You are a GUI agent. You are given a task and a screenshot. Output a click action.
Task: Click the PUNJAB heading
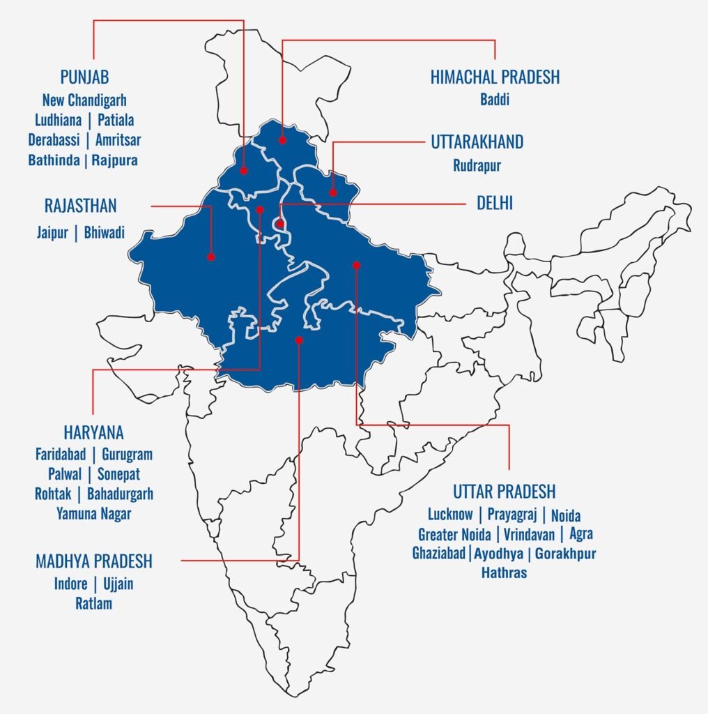[84, 77]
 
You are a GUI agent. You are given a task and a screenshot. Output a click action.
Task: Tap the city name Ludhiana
[58, 120]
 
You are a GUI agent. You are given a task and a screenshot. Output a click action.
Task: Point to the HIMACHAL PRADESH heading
[495, 77]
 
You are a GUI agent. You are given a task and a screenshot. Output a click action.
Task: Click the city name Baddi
[495, 100]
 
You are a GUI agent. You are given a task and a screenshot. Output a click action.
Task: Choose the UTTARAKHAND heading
[477, 142]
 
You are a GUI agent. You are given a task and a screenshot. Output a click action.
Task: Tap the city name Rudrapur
[477, 166]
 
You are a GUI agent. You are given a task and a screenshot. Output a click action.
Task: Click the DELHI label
[495, 204]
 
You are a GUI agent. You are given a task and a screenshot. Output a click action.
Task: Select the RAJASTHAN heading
[80, 206]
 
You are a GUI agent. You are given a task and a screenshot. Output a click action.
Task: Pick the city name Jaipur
[52, 232]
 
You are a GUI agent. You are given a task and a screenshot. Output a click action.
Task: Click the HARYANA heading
[93, 432]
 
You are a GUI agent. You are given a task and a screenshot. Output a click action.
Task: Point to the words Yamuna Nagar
[93, 514]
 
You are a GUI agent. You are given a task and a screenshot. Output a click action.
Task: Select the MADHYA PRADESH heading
[93, 561]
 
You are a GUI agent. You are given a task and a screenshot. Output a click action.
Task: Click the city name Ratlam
[93, 603]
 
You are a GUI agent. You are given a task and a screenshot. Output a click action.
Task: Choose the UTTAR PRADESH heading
[504, 492]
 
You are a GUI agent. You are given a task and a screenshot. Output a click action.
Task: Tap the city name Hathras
[504, 573]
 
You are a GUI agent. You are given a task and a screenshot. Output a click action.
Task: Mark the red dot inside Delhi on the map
[279, 225]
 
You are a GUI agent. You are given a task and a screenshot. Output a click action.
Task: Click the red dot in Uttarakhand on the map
[333, 192]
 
